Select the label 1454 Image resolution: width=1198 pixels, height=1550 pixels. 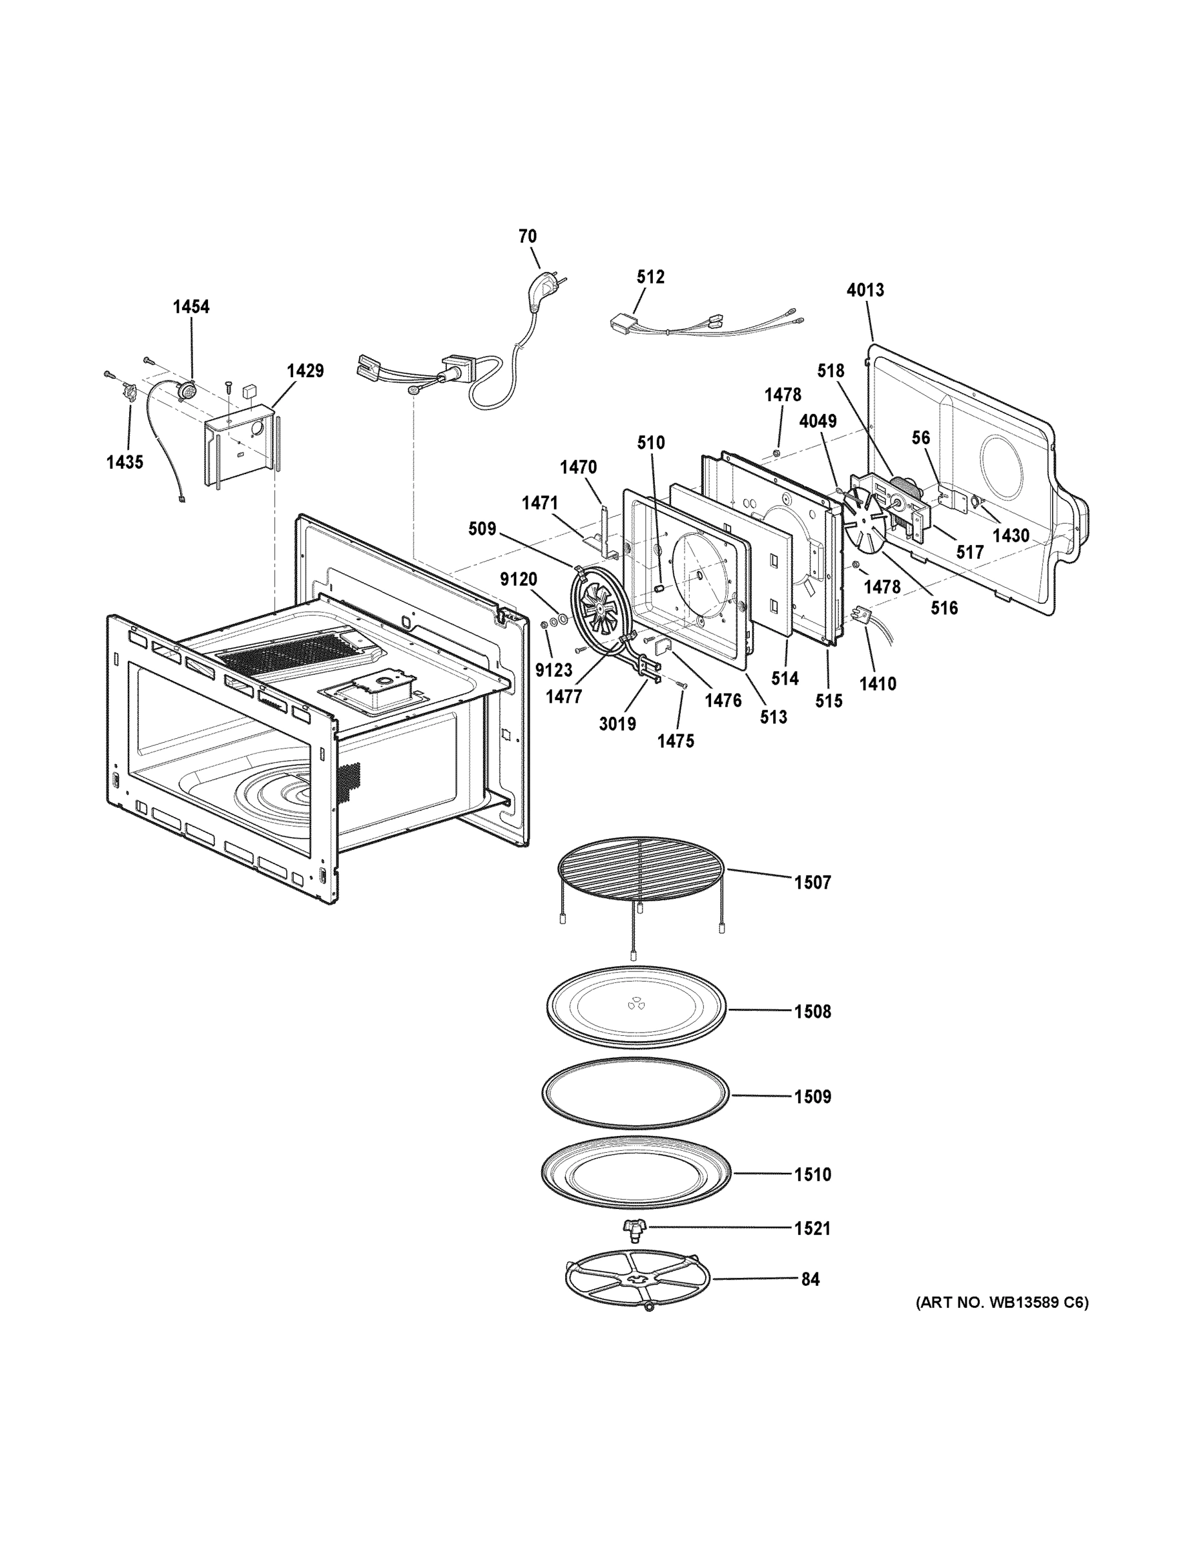191,307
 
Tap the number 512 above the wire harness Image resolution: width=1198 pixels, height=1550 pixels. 650,277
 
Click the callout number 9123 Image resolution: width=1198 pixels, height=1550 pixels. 553,670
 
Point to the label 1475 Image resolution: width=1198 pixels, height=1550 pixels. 675,741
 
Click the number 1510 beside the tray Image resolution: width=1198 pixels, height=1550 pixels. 812,1175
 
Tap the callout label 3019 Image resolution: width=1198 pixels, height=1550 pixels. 617,724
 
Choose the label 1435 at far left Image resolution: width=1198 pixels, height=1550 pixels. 125,462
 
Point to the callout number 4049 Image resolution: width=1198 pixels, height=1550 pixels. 818,421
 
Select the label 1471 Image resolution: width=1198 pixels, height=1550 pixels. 539,502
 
